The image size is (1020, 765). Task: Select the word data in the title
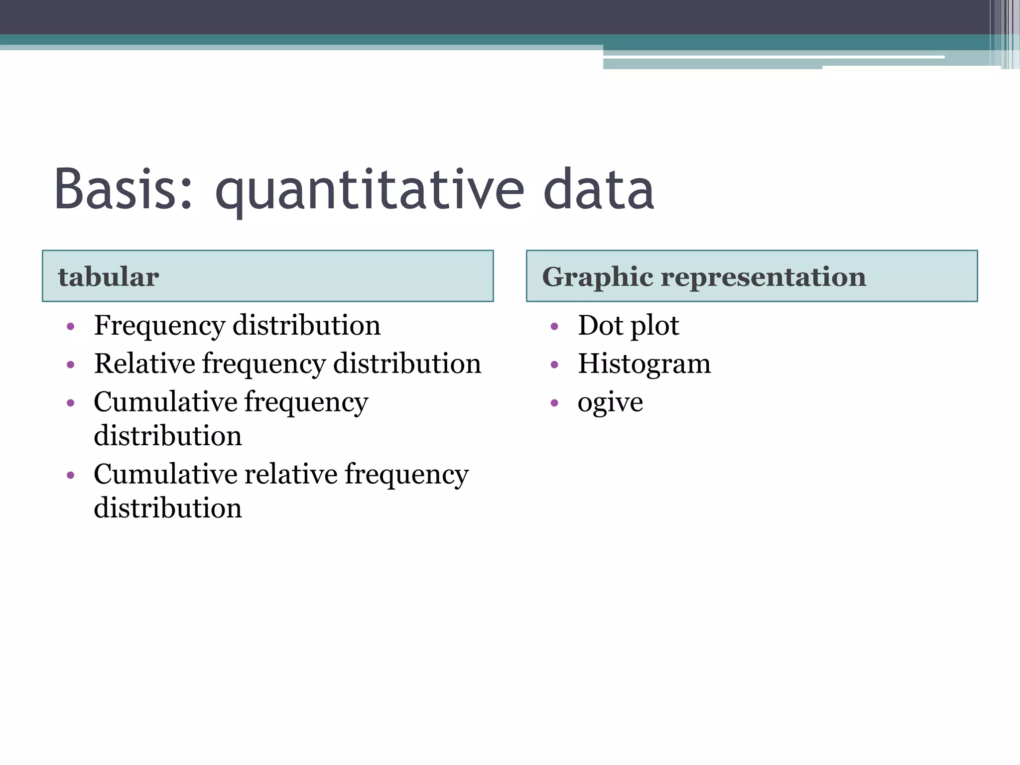point(598,190)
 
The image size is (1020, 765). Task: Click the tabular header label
point(109,277)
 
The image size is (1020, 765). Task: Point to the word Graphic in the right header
point(597,277)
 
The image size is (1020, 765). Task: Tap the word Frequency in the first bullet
point(159,326)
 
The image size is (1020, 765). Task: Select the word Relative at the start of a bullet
point(144,364)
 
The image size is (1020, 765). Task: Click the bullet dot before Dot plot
point(554,327)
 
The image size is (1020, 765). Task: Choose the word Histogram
point(644,364)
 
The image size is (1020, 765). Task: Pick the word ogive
point(610,402)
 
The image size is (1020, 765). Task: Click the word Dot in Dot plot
point(600,326)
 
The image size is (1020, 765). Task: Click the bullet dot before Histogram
point(554,365)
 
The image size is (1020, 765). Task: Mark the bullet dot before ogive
point(554,403)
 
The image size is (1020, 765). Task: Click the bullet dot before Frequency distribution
point(70,327)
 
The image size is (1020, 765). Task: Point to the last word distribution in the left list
point(168,508)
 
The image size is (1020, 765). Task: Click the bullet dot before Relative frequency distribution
point(70,365)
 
